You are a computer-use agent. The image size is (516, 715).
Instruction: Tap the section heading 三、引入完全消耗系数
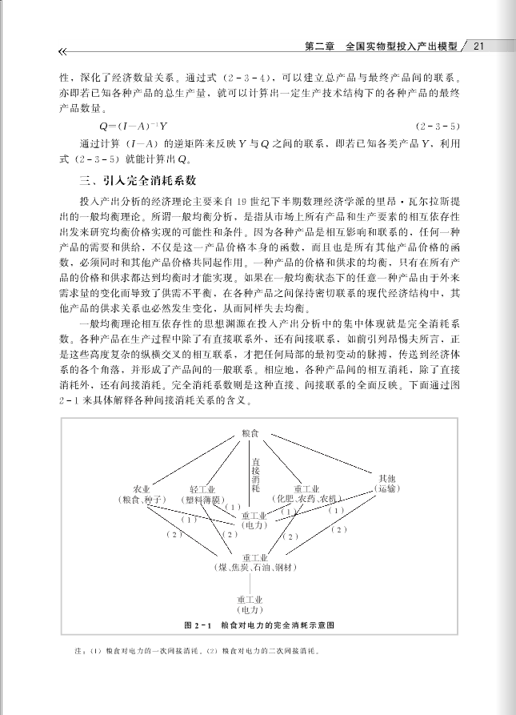click(x=133, y=180)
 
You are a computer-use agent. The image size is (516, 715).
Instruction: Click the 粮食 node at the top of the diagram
click(x=250, y=433)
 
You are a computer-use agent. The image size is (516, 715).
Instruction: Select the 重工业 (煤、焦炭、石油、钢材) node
click(x=254, y=562)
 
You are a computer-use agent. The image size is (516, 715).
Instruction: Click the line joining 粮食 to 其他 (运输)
click(x=320, y=454)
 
